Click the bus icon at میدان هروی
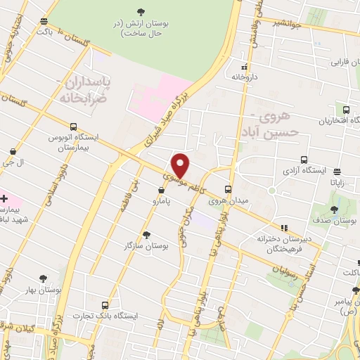[227, 188]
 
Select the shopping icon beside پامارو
[162, 189]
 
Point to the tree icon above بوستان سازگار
[146, 235]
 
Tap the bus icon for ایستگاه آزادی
[303, 160]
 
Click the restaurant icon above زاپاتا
[337, 171]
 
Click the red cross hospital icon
[4, 198]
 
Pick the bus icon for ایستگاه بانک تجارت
[105, 305]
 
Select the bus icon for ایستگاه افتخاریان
[346, 109]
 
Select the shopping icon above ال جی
[14, 151]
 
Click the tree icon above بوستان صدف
[335, 209]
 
